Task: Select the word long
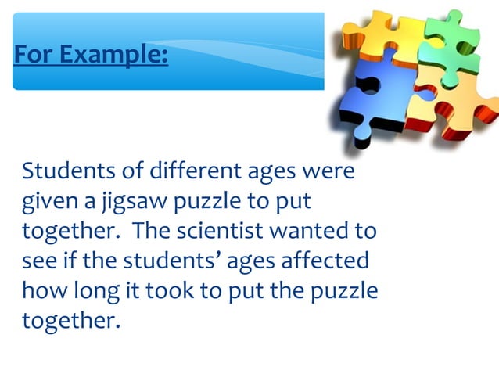point(95,293)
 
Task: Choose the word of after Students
point(127,171)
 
